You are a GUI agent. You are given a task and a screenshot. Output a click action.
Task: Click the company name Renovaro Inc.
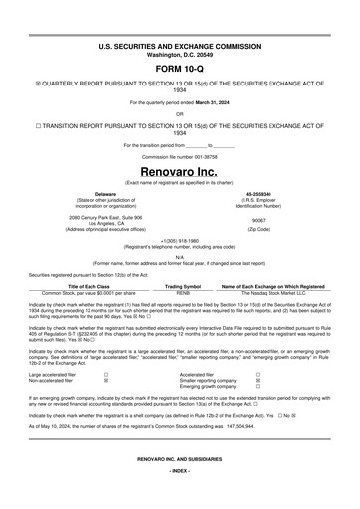click(x=179, y=171)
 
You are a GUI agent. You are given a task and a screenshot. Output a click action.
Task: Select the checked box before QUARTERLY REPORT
click(x=38, y=83)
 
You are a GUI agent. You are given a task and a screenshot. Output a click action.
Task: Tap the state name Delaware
click(x=105, y=194)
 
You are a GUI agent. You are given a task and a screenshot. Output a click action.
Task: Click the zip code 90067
click(x=259, y=222)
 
